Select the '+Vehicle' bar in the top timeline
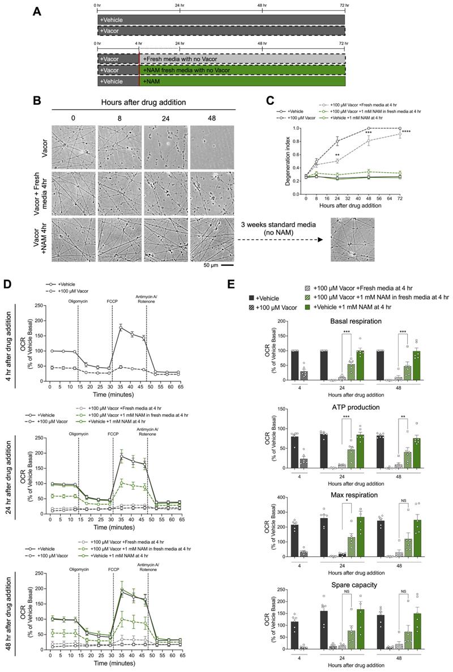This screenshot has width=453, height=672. pyautogui.click(x=221, y=20)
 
